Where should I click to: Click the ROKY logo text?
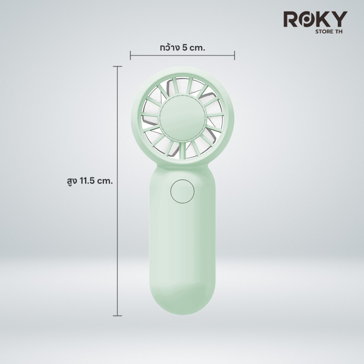click(315, 19)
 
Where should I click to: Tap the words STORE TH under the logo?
click(329, 32)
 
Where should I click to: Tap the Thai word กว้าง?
click(170, 47)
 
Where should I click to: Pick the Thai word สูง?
click(72, 181)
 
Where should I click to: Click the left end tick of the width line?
click(130, 55)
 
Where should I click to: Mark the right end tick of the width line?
click(235, 55)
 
